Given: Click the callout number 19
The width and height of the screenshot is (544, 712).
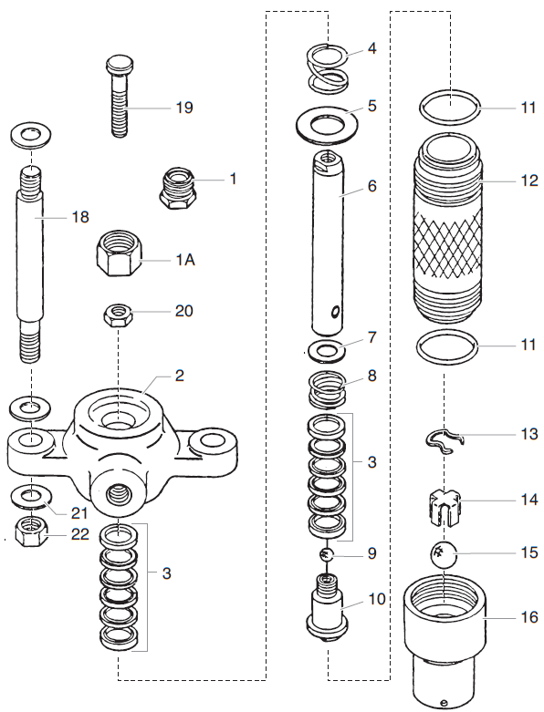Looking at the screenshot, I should [x=184, y=107].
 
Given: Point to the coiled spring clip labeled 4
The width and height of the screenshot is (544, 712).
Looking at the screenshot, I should [x=327, y=69].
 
